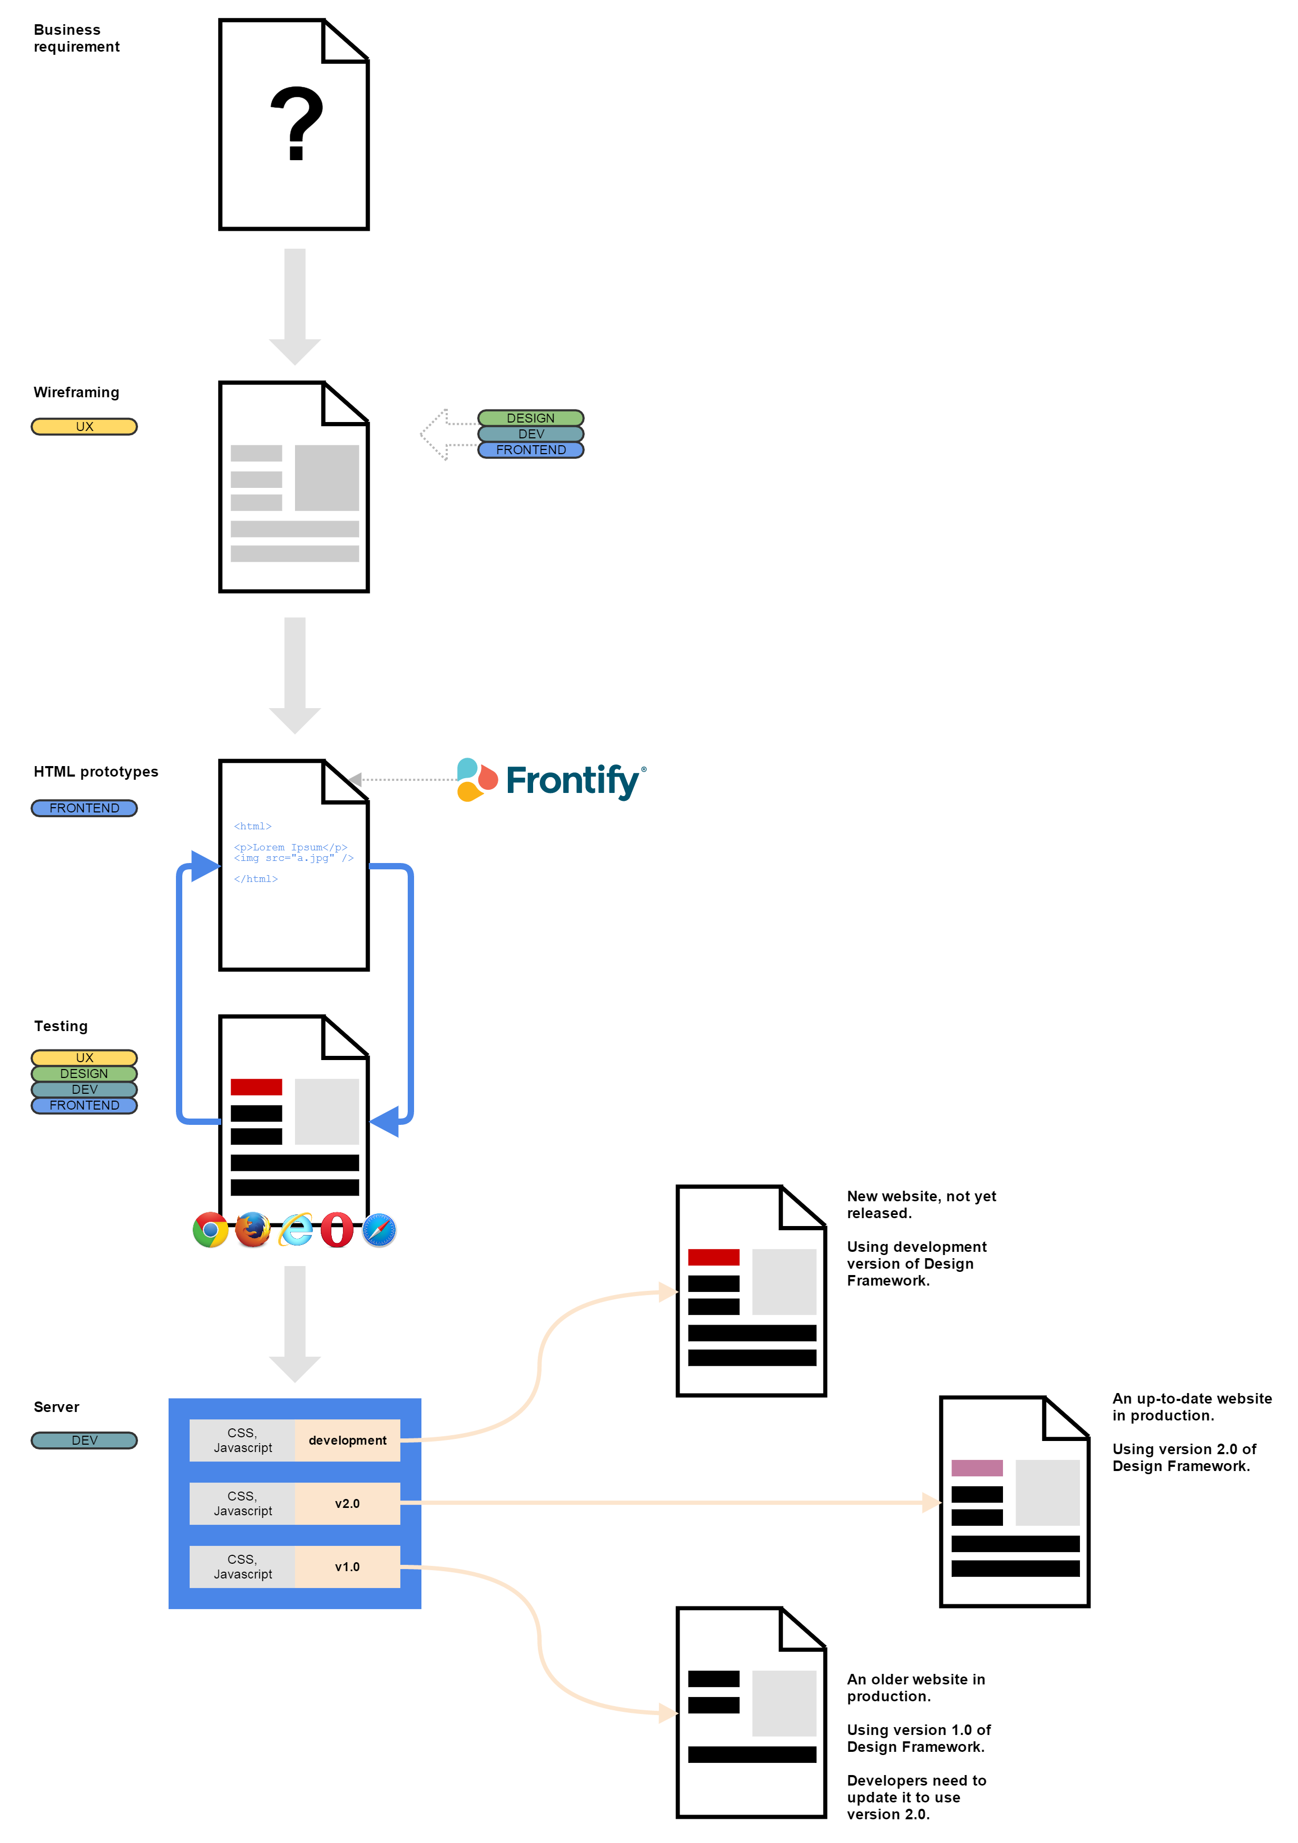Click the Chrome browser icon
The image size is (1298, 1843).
click(x=210, y=1229)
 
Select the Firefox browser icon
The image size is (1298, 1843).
click(x=253, y=1229)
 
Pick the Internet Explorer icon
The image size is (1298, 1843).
click(x=296, y=1229)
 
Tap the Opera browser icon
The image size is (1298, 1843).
click(x=337, y=1229)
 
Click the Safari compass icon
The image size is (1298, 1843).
click(x=379, y=1229)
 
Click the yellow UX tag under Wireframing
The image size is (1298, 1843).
click(x=84, y=426)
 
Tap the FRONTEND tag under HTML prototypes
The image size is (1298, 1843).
click(x=84, y=808)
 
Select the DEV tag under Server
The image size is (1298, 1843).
click(x=84, y=1440)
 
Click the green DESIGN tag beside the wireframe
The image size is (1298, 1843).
click(x=530, y=417)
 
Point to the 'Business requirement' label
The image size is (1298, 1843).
click(x=76, y=38)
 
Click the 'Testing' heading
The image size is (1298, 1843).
click(x=61, y=1026)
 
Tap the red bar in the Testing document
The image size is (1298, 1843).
click(x=256, y=1087)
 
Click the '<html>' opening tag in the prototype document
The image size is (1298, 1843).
click(x=253, y=826)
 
